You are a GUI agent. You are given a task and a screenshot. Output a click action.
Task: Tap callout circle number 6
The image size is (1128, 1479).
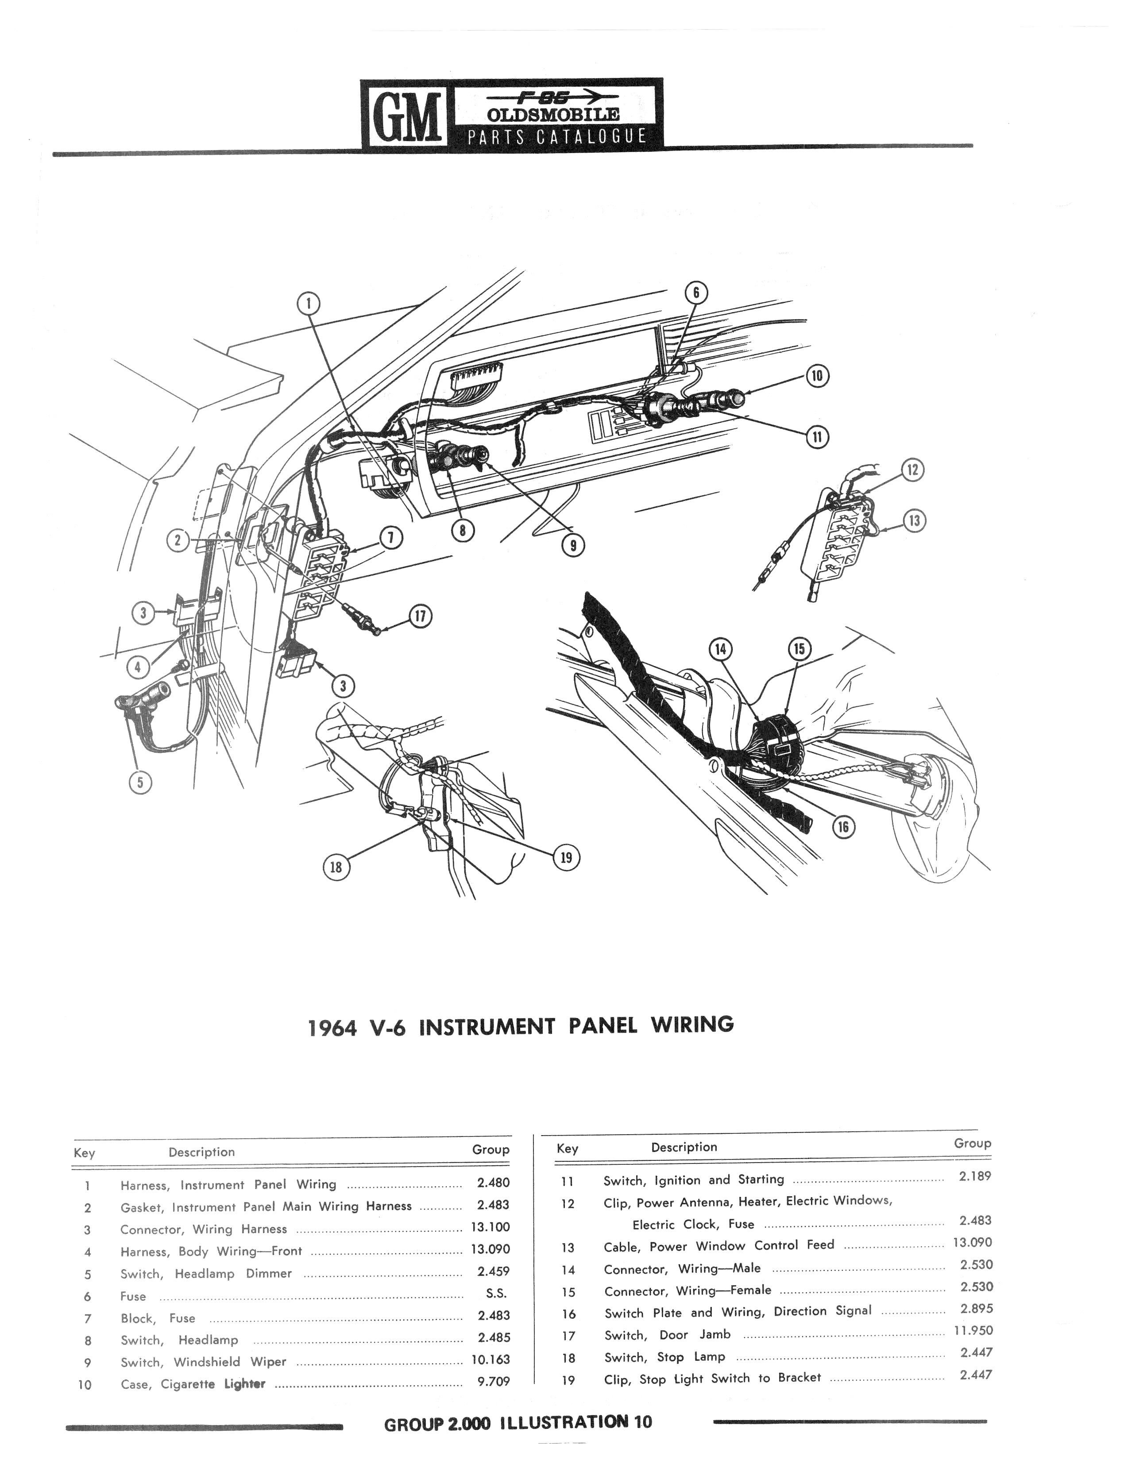(x=696, y=293)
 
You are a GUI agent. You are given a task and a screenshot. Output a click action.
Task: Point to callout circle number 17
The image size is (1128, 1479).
(x=420, y=617)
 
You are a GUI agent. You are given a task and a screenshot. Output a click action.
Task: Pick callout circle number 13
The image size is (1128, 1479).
(x=914, y=521)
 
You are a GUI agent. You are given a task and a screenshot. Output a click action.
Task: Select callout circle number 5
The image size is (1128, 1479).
(x=139, y=782)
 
